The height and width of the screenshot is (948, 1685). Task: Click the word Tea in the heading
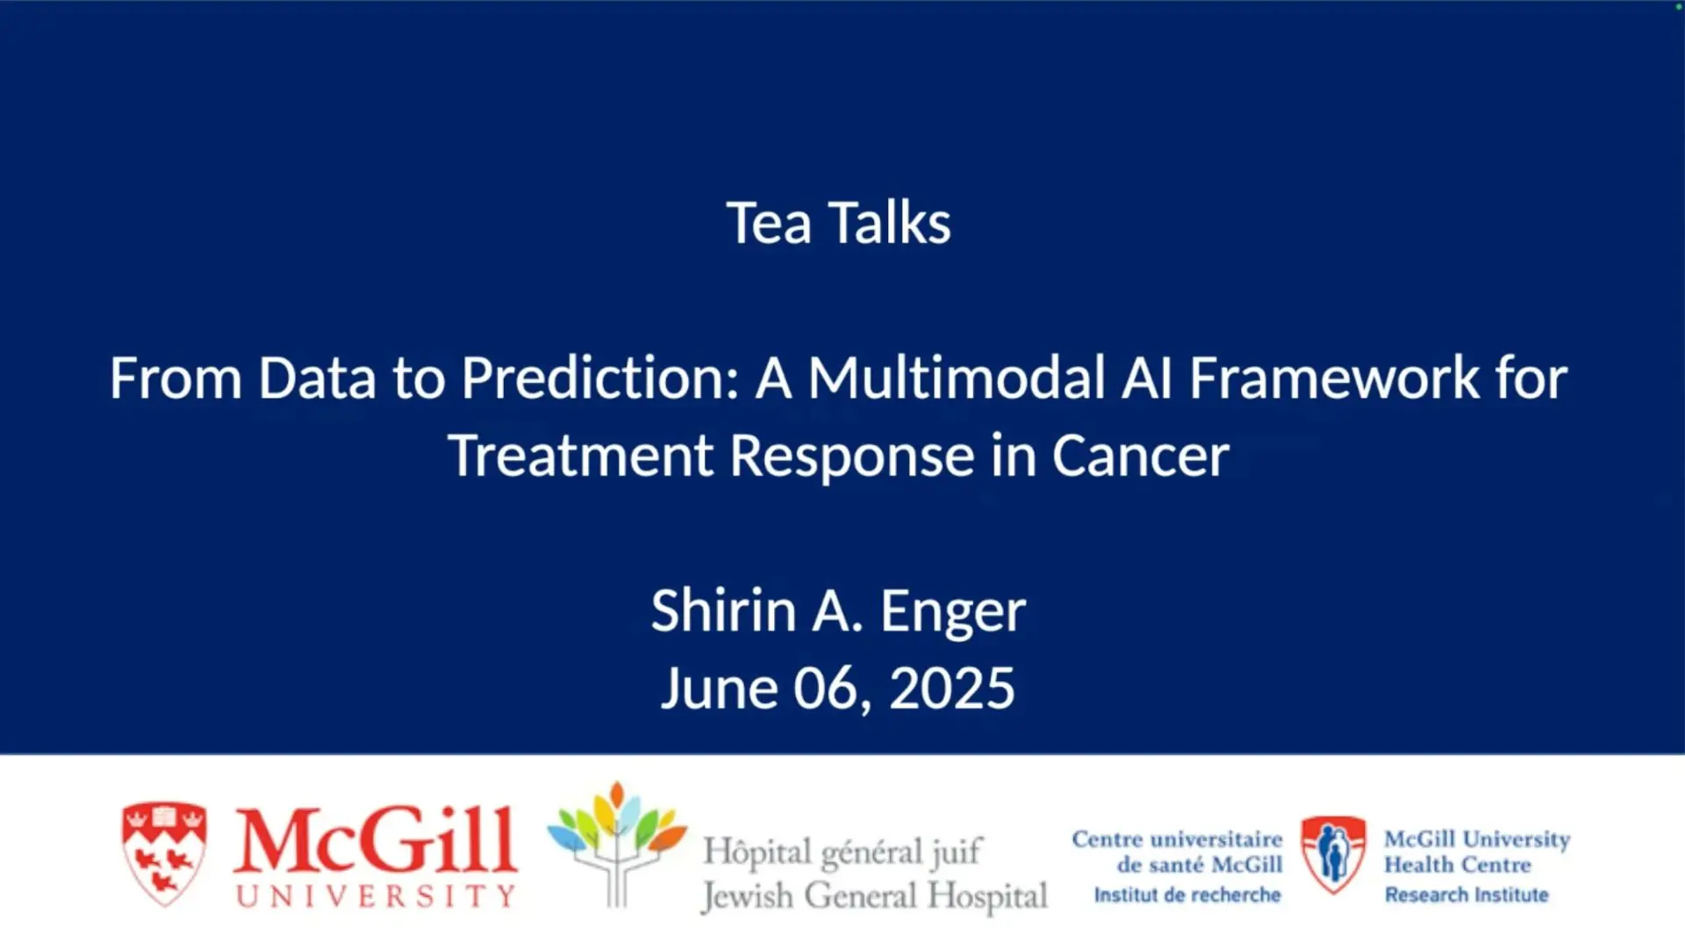768,223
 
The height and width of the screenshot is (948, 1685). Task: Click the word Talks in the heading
889,223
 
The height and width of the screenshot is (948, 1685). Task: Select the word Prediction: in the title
600,378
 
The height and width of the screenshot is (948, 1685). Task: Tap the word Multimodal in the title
956,378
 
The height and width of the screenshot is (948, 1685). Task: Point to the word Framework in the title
1334,378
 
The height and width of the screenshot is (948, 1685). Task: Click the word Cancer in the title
1140,456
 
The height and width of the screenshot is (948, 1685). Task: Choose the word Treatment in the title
580,456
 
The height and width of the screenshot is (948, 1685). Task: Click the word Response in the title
851,456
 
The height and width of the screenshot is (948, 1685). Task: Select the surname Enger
952,612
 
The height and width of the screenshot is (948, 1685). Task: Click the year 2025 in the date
951,687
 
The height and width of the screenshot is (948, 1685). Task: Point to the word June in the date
719,687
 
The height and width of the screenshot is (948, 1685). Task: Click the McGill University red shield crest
164,852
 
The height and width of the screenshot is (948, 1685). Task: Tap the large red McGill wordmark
375,841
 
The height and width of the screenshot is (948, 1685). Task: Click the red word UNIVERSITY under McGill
376,896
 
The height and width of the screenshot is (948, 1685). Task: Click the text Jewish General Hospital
874,896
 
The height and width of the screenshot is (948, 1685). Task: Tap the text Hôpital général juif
842,851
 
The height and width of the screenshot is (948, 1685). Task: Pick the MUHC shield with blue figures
1333,853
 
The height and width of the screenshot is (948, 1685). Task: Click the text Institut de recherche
1187,895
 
